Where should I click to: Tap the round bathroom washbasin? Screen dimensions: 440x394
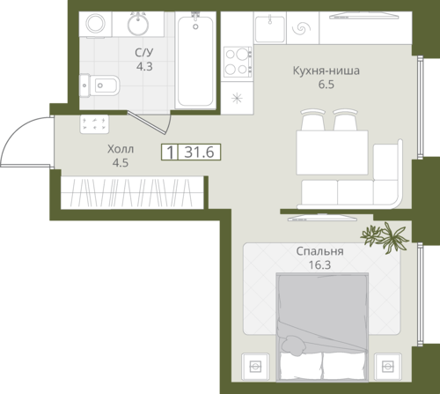click(x=138, y=24)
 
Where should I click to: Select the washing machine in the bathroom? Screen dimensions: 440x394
click(x=96, y=24)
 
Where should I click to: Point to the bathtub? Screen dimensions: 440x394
click(x=195, y=60)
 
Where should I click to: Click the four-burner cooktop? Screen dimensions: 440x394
click(x=238, y=62)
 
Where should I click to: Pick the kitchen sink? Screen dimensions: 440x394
click(x=270, y=29)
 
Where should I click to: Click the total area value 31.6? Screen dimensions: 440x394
click(x=199, y=152)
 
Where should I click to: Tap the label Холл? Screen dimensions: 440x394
click(x=121, y=149)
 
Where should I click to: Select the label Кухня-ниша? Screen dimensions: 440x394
click(x=326, y=71)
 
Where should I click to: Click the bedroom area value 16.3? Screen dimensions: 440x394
click(x=319, y=264)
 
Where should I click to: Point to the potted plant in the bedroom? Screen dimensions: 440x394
click(x=385, y=236)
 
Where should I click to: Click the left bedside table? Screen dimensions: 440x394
click(x=255, y=366)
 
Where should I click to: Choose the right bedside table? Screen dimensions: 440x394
click(x=387, y=366)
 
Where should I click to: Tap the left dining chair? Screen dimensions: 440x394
click(x=313, y=120)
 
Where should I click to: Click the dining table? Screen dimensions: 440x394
click(x=332, y=152)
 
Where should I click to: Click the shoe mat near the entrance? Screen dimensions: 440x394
click(x=94, y=124)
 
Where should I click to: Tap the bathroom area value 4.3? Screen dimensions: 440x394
click(x=144, y=66)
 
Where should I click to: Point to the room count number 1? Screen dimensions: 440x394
click(x=170, y=152)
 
